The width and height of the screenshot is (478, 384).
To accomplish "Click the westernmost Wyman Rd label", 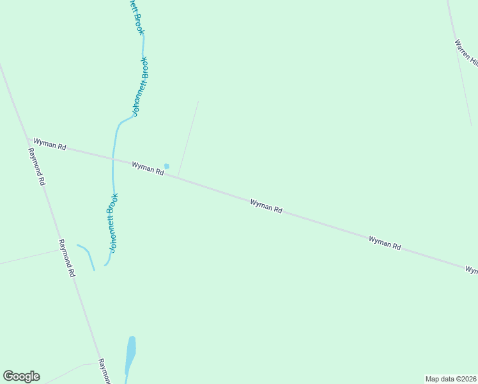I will click(50, 145).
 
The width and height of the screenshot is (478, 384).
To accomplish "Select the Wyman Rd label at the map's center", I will click(266, 205).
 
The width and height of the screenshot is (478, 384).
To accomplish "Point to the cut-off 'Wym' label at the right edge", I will click(471, 271).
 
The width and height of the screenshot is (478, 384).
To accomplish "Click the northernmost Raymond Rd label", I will click(36, 166).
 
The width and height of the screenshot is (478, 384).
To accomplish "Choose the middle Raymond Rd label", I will click(66, 257).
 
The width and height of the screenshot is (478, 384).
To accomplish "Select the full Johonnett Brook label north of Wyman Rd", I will click(140, 86).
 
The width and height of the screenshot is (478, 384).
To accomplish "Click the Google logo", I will click(21, 376).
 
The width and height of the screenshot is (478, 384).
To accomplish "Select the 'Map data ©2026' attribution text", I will click(451, 378).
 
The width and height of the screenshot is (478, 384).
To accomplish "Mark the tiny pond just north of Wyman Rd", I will click(167, 166).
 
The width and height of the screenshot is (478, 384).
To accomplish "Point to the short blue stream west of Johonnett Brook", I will click(86, 255).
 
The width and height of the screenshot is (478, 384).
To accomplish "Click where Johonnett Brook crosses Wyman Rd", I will click(113, 158).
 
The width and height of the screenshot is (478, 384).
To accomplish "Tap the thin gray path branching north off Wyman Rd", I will click(188, 138).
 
